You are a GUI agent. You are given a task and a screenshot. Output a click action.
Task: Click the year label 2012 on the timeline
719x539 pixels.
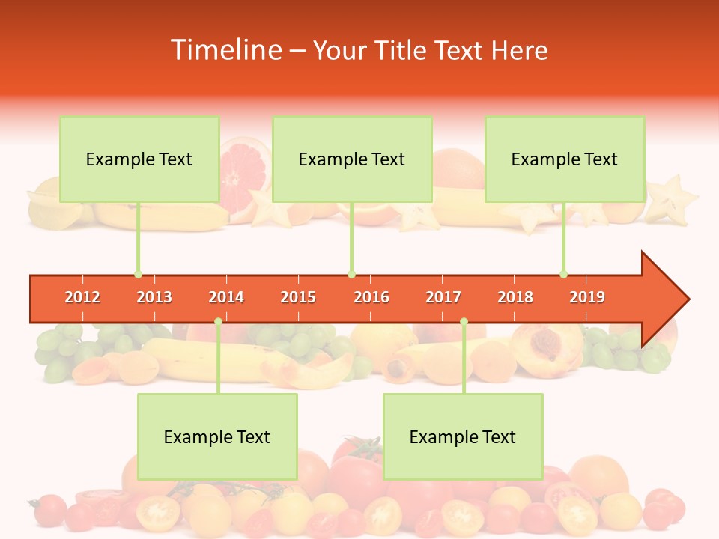[x=82, y=297]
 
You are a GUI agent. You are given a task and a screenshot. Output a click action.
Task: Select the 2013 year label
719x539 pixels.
[x=154, y=297]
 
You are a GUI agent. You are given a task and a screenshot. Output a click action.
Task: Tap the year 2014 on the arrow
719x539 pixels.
[x=226, y=297]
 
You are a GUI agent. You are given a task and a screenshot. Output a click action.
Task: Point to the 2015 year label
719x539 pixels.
[x=298, y=297]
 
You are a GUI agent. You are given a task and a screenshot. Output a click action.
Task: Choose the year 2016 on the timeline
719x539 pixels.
[x=371, y=297]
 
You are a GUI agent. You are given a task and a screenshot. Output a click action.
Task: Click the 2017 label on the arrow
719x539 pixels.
[x=443, y=297]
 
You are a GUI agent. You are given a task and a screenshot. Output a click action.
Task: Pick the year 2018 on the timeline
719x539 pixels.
[x=515, y=297]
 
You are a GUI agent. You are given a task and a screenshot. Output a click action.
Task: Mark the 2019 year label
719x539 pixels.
[x=587, y=297]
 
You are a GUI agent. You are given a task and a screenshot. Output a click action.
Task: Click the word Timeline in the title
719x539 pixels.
[x=225, y=50]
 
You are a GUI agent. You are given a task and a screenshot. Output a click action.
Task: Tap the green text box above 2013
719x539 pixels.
[x=139, y=159]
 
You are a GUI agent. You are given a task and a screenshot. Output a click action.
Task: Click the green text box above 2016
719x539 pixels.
[x=352, y=159]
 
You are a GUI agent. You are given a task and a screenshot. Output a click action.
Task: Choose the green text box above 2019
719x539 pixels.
[x=565, y=159]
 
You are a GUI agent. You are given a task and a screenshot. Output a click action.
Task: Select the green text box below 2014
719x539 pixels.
[x=217, y=436]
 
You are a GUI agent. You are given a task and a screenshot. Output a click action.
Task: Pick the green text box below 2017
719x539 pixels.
[x=463, y=436]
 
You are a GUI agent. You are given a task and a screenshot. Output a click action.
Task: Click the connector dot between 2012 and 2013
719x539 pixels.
[x=138, y=274]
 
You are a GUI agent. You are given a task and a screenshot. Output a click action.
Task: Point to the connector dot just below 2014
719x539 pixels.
[x=218, y=322]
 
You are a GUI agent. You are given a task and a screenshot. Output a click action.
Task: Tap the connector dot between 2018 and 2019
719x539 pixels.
[x=563, y=274]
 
